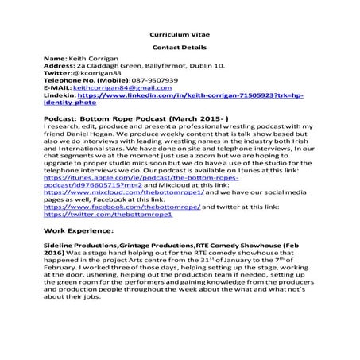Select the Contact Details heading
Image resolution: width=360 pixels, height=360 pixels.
180,48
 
